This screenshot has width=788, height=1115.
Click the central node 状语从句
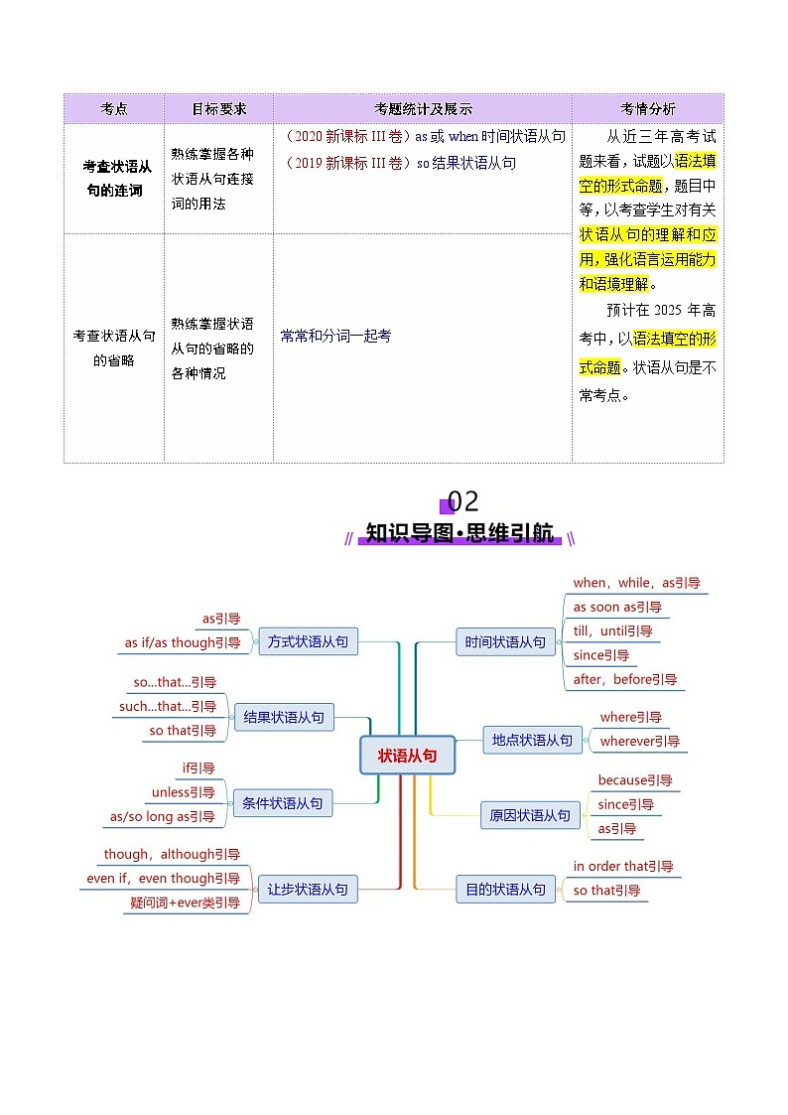407,756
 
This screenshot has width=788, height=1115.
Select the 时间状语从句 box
505,642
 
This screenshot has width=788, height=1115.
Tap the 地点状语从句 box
532,740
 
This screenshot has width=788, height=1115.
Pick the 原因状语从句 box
530,815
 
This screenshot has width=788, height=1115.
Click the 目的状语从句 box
505,890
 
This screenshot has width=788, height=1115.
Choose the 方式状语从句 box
308,642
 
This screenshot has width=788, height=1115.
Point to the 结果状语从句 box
284,717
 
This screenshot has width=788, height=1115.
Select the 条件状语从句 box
282,803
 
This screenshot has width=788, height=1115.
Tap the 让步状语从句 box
308,890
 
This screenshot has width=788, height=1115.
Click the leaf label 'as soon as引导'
617,607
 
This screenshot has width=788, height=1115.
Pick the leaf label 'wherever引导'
640,741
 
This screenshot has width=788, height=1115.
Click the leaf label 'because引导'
635,780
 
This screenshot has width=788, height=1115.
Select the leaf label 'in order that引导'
623,866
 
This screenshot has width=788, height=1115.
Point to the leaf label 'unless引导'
183,792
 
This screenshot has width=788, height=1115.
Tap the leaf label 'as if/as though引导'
183,642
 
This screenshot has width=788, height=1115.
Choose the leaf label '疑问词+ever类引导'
185,903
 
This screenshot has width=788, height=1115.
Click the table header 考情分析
647,109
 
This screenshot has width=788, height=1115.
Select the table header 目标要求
218,109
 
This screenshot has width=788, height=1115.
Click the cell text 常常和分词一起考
335,337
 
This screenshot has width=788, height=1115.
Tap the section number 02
462,500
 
